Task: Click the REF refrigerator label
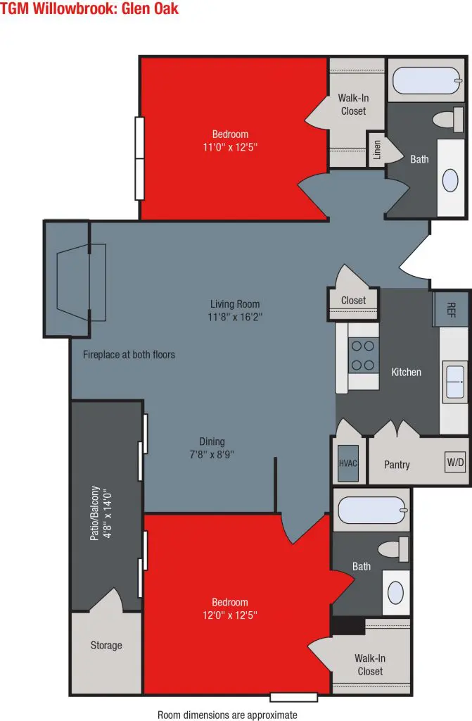pos(452,309)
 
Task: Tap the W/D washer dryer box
pos(455,462)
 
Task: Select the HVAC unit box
pos(348,463)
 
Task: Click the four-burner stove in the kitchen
pos(363,355)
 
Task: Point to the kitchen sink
pos(454,381)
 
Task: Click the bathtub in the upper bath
pos(426,80)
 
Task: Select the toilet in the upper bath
pos(449,120)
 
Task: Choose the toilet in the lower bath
pos(393,549)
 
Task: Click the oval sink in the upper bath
pos(450,180)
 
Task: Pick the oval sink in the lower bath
pos(395,593)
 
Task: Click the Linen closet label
pos(377,150)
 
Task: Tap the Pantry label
pos(397,465)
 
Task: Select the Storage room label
pos(106,645)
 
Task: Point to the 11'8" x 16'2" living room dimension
pos(235,317)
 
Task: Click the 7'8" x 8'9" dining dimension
pos(212,454)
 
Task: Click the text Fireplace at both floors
pos(129,355)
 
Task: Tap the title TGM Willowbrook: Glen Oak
pos(89,8)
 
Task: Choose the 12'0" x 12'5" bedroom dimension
pos(230,615)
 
